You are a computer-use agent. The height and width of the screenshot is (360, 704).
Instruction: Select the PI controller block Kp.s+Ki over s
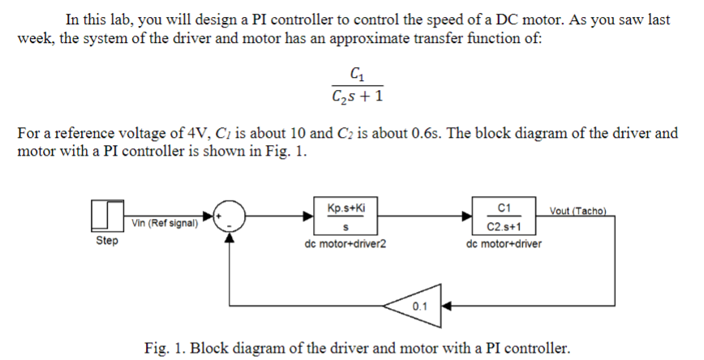[x=350, y=216]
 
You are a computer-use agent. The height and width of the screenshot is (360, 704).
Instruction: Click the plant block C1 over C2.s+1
[x=506, y=216]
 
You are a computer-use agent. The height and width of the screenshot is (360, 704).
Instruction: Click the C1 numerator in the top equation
[x=355, y=75]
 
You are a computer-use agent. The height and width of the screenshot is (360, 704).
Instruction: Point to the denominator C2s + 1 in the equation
[x=355, y=97]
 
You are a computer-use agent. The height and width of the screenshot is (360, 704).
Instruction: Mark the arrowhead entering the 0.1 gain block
[x=444, y=306]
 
